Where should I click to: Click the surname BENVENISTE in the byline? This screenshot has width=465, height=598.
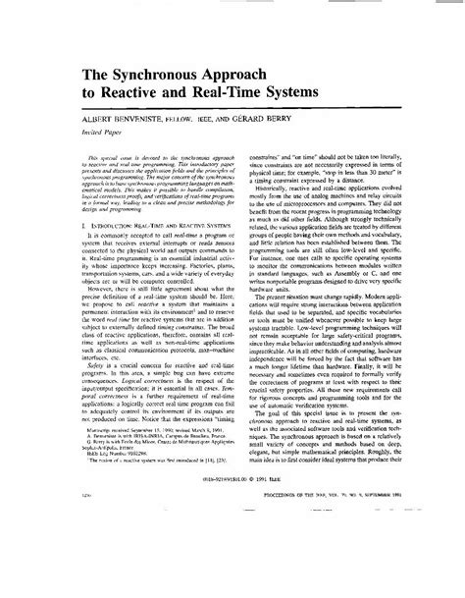pyautogui.click(x=131, y=125)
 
